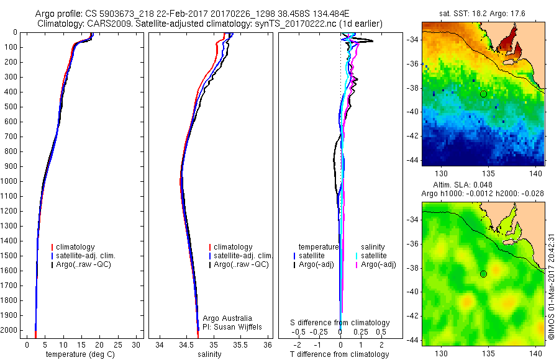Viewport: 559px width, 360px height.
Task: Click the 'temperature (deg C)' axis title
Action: point(79,354)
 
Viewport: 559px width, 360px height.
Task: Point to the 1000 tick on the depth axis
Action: point(10,181)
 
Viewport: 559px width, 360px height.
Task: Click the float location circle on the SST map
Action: point(483,94)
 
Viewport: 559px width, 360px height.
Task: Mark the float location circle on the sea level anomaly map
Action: point(483,274)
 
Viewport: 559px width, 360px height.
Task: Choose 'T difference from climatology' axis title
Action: point(339,354)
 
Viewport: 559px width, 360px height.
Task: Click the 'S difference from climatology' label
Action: point(340,323)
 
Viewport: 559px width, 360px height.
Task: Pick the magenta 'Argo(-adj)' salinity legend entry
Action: point(378,265)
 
